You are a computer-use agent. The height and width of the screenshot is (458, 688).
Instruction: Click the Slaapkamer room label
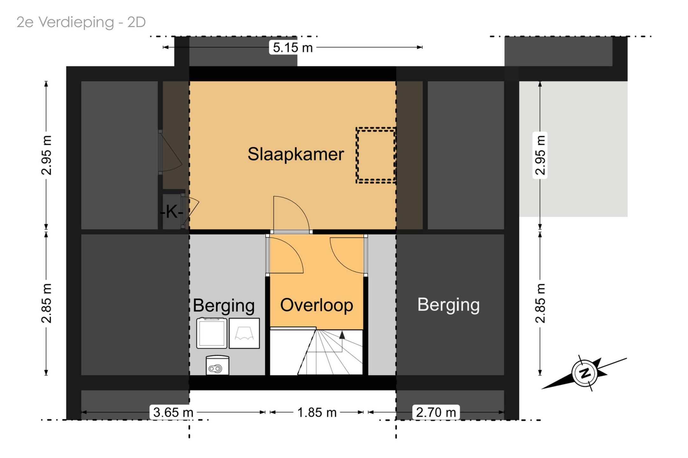pyautogui.click(x=296, y=154)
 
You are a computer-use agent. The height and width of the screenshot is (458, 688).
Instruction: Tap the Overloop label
pyautogui.click(x=317, y=305)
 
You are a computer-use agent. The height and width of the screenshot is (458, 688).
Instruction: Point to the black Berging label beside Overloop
pyautogui.click(x=224, y=306)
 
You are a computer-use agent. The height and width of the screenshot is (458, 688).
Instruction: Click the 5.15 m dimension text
pyautogui.click(x=293, y=48)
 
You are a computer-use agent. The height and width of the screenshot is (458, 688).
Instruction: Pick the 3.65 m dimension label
pyautogui.click(x=173, y=412)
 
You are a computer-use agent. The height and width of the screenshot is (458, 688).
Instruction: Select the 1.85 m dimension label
pyautogui.click(x=317, y=412)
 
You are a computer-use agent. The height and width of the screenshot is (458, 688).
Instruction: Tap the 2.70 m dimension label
pyautogui.click(x=436, y=412)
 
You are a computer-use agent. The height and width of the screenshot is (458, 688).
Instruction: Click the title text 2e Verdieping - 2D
pyautogui.click(x=81, y=22)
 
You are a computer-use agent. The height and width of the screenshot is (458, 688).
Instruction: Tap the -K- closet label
pyautogui.click(x=172, y=212)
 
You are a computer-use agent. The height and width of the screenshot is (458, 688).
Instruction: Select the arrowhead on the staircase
pyautogui.click(x=342, y=335)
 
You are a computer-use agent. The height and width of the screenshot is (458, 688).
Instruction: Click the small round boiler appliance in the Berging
pyautogui.click(x=218, y=365)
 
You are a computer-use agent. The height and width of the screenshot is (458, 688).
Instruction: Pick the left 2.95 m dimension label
pyautogui.click(x=47, y=155)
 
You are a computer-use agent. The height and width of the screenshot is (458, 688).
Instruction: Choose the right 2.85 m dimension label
pyautogui.click(x=540, y=303)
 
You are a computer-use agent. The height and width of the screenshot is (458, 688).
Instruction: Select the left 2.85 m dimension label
pyautogui.click(x=47, y=303)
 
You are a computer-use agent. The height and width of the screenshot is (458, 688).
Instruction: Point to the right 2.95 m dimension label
pyautogui.click(x=540, y=155)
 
